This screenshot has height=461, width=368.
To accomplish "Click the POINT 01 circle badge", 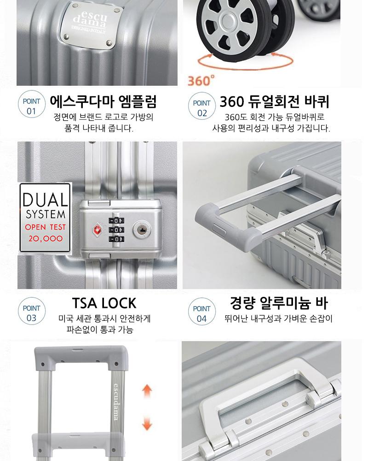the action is (x=31, y=105).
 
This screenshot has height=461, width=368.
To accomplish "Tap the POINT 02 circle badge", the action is (x=201, y=106).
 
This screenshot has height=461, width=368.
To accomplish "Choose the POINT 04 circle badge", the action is (x=201, y=312).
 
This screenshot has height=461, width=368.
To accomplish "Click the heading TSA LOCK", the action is (x=104, y=303).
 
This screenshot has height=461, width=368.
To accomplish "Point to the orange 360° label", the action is (x=201, y=80).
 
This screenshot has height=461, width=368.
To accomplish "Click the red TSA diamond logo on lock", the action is (x=96, y=229).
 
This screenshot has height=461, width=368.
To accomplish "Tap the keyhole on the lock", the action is (x=142, y=229).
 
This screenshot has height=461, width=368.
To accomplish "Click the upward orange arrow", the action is (x=147, y=391).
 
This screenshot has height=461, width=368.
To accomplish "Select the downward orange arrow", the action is (x=147, y=423).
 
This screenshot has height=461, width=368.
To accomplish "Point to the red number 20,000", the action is (x=46, y=238).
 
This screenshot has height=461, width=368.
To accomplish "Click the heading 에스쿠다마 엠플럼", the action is (x=103, y=102).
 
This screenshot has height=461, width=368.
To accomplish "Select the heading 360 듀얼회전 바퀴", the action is (x=275, y=102).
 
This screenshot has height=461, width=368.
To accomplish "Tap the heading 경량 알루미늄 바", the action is (x=278, y=303).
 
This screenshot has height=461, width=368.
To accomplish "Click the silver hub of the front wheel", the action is (x=227, y=20).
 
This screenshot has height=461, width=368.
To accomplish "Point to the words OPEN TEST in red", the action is (x=45, y=227).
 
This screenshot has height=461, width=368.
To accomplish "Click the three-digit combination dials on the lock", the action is (x=116, y=230).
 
